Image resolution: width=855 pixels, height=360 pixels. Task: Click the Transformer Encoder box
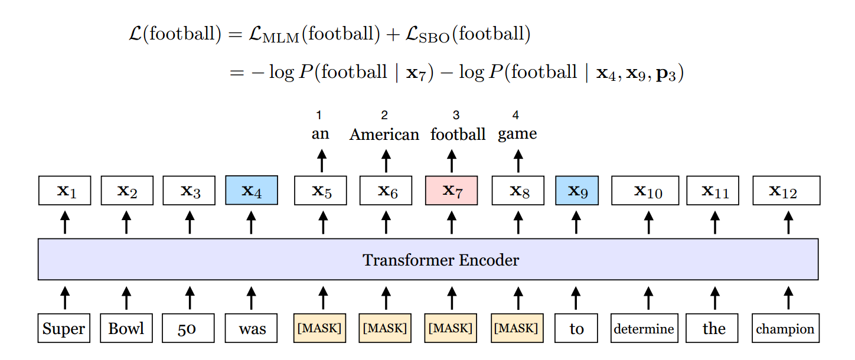click(x=428, y=260)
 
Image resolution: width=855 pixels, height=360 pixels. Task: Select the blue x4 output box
click(x=252, y=191)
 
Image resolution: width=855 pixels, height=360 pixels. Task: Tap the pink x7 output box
click(x=452, y=191)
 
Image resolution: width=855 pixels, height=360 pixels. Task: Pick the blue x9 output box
click(x=576, y=191)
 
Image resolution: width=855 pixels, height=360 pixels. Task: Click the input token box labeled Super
click(x=64, y=329)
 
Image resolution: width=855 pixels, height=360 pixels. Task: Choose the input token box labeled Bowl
click(x=126, y=329)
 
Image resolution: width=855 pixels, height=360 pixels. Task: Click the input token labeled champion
click(x=785, y=329)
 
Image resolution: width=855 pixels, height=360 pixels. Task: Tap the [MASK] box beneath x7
click(x=452, y=329)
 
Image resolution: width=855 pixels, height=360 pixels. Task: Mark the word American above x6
click(x=384, y=135)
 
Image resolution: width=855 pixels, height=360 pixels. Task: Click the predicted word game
click(x=517, y=135)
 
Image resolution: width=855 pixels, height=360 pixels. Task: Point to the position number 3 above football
click(x=456, y=116)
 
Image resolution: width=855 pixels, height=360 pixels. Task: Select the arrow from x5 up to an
click(x=322, y=161)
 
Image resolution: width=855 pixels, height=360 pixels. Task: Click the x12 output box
click(x=786, y=191)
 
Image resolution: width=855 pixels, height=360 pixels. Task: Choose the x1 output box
click(x=65, y=191)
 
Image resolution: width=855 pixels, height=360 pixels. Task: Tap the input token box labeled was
click(x=252, y=329)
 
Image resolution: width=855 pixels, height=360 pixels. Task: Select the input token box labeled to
click(x=576, y=329)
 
